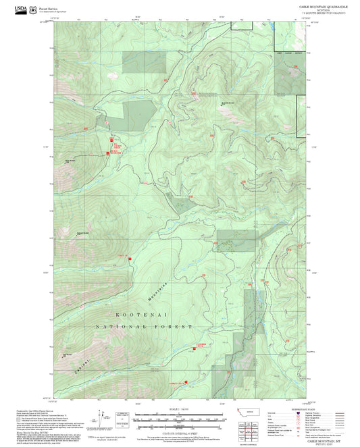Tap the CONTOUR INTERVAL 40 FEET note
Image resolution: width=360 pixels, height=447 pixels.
click(179, 433)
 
